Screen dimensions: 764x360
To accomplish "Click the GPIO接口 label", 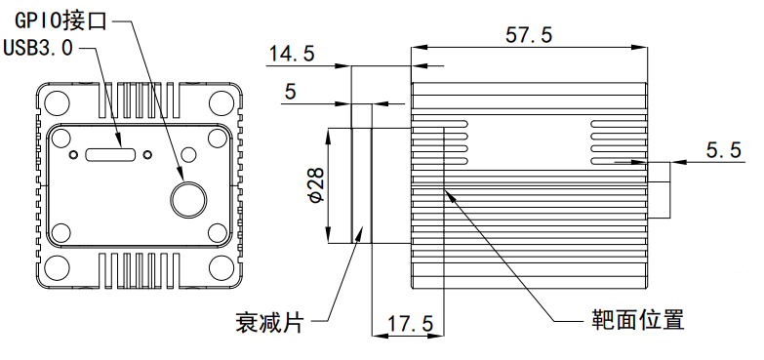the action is (x=60, y=20).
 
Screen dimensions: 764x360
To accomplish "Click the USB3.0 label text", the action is (x=38, y=48).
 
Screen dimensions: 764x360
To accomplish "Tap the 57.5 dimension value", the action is (x=529, y=35).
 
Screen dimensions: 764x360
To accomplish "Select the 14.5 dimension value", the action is (x=293, y=53).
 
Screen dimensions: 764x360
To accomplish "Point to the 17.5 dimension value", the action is (x=410, y=324).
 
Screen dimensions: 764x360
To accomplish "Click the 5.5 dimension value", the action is (x=724, y=149).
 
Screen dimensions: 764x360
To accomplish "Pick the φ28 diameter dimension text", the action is (x=316, y=185).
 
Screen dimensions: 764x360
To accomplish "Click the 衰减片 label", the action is (x=269, y=322).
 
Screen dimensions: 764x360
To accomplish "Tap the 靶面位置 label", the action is (x=638, y=320).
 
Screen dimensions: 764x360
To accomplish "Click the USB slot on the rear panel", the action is (x=110, y=154).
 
